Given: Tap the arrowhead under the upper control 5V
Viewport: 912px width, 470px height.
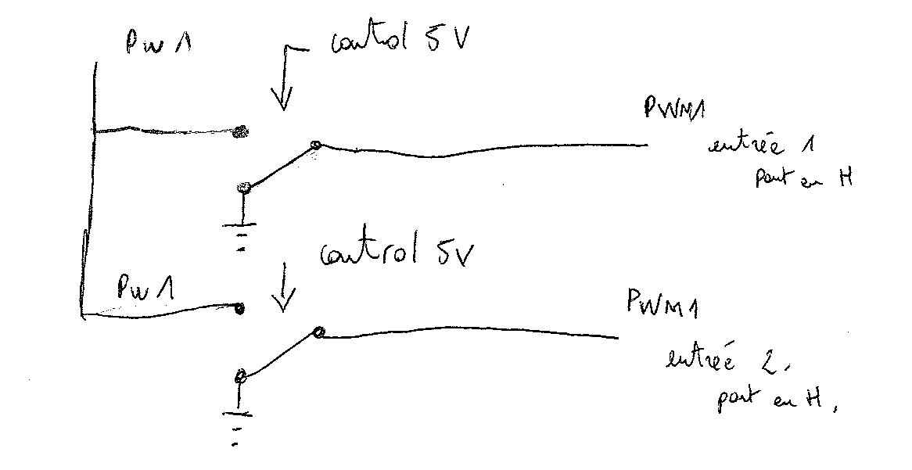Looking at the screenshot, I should [x=282, y=102].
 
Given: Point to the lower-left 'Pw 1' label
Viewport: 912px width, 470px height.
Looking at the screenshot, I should [x=145, y=289].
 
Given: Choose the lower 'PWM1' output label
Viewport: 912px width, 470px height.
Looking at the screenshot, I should [x=662, y=302].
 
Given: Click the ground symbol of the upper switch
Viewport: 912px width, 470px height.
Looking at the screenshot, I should [x=243, y=235].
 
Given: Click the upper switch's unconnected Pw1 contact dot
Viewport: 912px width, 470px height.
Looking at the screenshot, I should [x=242, y=133].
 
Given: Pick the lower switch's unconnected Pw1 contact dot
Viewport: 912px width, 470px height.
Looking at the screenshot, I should [x=240, y=309].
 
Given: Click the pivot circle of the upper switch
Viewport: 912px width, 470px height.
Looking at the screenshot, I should [x=315, y=145].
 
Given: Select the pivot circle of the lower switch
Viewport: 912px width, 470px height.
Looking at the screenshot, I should [x=318, y=333].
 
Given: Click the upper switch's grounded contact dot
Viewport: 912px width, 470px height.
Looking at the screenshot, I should [x=243, y=188].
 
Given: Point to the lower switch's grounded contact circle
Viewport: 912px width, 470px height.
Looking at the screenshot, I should [x=240, y=378].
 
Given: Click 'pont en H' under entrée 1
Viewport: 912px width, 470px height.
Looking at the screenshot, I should [x=802, y=178].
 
